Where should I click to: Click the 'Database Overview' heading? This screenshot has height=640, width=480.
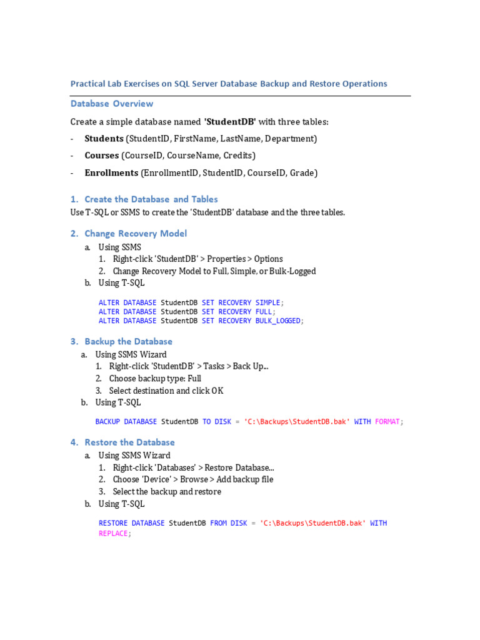tap(111, 104)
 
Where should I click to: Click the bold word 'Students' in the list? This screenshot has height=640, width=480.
tap(104, 139)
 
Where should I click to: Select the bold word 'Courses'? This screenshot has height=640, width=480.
tap(101, 156)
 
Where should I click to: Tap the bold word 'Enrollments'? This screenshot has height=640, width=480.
tap(111, 173)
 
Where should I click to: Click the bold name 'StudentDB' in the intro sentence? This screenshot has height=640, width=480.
tap(230, 122)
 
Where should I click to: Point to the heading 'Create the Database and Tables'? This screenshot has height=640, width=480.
tap(151, 199)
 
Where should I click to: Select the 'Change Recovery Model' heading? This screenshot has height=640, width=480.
tap(135, 234)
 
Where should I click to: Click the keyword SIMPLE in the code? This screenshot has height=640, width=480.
tap(267, 302)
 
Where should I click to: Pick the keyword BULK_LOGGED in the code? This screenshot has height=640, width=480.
tap(278, 321)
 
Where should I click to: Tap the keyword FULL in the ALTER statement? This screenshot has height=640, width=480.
tap(263, 312)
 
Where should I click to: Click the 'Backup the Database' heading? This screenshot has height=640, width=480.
tap(128, 342)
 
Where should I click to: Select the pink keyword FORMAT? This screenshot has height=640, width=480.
tap(387, 422)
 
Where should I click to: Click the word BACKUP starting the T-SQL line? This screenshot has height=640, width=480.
tap(107, 422)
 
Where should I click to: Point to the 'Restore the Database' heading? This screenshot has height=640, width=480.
tap(129, 442)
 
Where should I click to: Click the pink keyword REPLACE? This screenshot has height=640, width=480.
tap(113, 534)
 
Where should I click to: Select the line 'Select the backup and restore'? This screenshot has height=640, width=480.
tap(167, 492)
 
